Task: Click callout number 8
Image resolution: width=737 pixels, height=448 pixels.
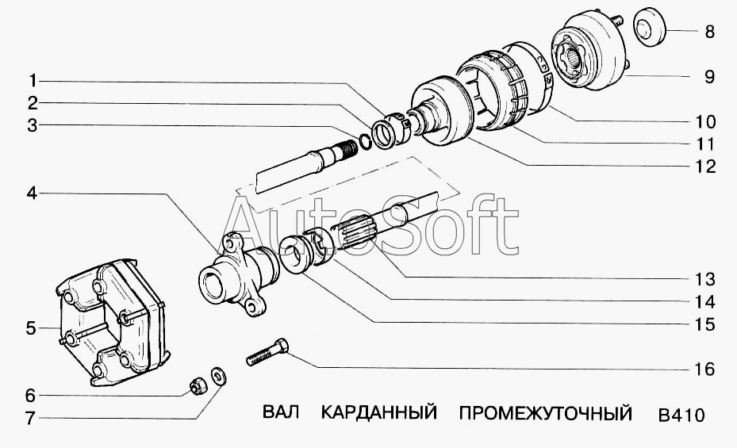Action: (709, 32)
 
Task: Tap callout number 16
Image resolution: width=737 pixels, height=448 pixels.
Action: (704, 370)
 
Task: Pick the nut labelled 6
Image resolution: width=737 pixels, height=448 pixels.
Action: (197, 386)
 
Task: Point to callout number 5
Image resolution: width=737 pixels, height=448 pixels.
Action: (31, 328)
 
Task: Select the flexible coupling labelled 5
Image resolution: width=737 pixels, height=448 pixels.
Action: (111, 322)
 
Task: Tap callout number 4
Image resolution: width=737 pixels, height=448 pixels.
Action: (31, 193)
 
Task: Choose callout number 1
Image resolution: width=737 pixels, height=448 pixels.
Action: (33, 81)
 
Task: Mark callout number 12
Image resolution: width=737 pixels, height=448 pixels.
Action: (705, 167)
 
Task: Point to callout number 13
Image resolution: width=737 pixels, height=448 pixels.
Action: (705, 279)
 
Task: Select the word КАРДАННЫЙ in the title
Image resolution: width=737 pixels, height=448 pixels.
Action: (379, 413)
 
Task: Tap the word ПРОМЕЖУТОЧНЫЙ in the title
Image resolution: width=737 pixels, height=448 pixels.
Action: (546, 413)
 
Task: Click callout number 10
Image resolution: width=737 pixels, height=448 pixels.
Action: (705, 121)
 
